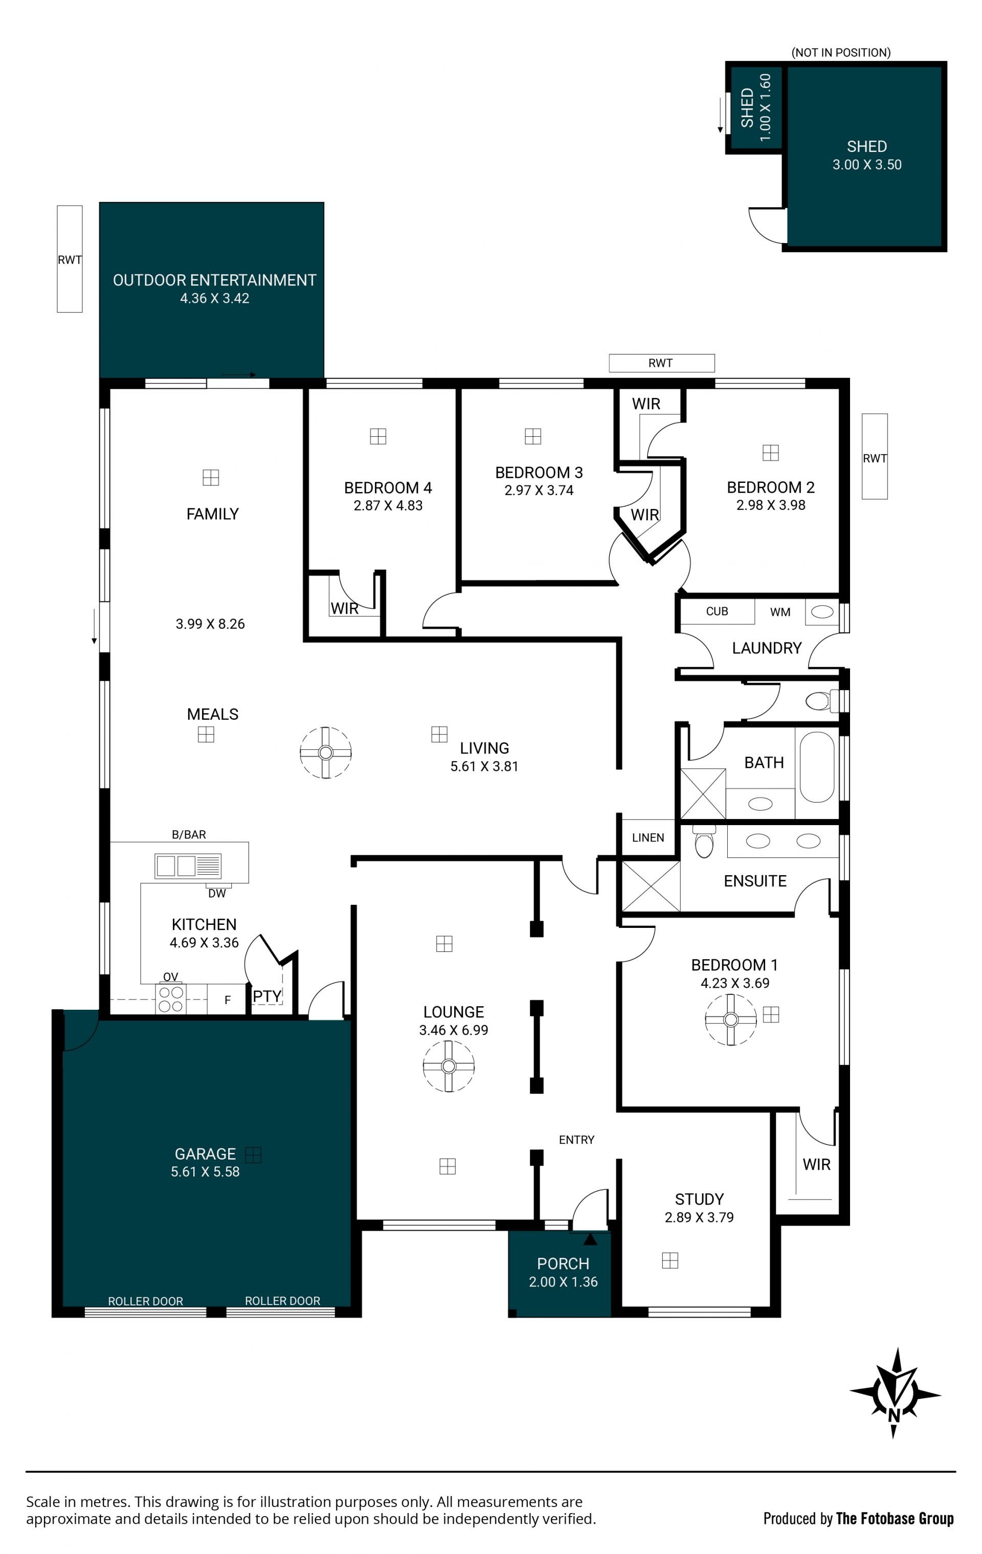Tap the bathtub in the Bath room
coord(817,767)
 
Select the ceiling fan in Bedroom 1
coord(730,1019)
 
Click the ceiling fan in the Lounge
coord(449,1066)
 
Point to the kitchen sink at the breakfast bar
coord(188,865)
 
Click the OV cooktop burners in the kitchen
coord(171,1000)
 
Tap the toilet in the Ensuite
coord(703,841)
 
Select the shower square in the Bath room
coord(703,794)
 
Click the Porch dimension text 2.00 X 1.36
coord(563,1282)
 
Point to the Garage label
coord(205,1153)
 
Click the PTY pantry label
coord(266,996)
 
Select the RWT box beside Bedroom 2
coord(874,456)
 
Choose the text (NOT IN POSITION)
coord(841,52)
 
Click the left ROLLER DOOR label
coord(145,1301)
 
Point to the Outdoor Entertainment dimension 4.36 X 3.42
coord(214,298)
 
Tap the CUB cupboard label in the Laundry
coord(717,611)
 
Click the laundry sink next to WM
coord(822,612)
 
